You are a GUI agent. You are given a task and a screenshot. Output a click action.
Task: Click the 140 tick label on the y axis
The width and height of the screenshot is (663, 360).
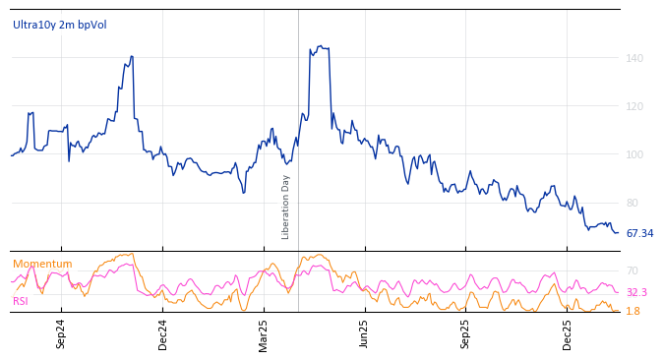click(x=634, y=59)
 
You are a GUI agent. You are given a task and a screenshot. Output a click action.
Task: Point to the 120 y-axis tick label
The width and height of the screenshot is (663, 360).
click(x=634, y=106)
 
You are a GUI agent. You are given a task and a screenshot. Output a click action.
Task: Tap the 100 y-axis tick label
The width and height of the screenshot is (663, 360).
click(x=634, y=154)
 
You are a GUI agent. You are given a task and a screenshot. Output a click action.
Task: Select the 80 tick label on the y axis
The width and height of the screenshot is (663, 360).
click(x=634, y=203)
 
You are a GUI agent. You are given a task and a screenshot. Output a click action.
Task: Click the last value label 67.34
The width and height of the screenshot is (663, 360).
click(x=639, y=234)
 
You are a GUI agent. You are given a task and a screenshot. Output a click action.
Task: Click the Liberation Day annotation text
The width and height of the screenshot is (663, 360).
click(x=286, y=208)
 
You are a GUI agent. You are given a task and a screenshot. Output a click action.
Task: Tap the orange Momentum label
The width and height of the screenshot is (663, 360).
click(x=42, y=264)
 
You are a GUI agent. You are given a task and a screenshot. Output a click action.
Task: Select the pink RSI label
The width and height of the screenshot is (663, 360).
click(x=21, y=301)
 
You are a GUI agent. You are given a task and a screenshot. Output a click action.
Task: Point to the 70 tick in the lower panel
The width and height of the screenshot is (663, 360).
click(x=633, y=270)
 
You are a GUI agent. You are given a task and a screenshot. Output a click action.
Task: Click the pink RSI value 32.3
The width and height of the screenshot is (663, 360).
click(x=636, y=292)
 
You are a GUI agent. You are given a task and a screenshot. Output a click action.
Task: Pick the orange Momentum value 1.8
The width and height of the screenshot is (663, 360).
click(x=633, y=311)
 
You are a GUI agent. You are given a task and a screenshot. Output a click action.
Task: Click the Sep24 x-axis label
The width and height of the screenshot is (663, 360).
click(x=61, y=333)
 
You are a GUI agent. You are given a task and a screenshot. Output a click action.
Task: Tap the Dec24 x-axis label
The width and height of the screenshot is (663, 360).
click(x=163, y=333)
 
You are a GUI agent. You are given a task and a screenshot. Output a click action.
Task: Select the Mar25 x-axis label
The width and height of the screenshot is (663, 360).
click(x=264, y=333)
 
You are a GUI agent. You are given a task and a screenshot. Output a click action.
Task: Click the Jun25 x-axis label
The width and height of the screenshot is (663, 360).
click(x=364, y=333)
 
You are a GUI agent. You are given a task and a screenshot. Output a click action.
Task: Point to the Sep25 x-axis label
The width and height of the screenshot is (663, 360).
click(x=465, y=333)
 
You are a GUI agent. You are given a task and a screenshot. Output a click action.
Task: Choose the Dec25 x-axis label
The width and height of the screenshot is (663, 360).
click(x=567, y=333)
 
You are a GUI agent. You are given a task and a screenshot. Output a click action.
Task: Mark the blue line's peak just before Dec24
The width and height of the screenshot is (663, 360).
click(x=131, y=57)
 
